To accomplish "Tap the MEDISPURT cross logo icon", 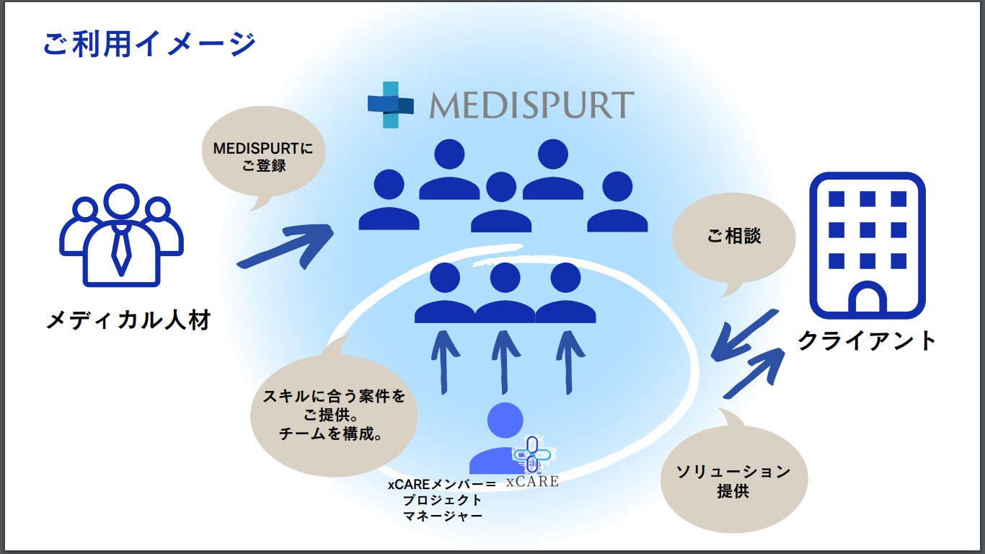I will click(x=390, y=105).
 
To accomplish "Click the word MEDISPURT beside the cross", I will click(x=531, y=105).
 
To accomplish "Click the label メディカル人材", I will click(x=128, y=319).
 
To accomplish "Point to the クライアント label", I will click(x=866, y=340).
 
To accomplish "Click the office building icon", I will click(x=867, y=245).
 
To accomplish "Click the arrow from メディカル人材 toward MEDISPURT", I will click(x=284, y=247).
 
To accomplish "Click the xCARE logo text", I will click(x=532, y=481).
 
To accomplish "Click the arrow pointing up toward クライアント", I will click(x=757, y=371).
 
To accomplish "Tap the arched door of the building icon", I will click(x=867, y=299).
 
